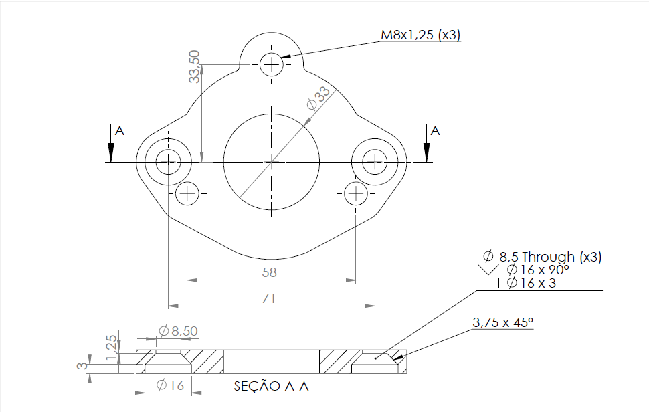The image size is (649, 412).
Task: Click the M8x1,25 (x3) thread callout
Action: click(421, 35)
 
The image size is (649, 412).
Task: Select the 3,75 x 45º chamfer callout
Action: click(502, 322)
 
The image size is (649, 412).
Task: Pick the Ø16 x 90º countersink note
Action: click(537, 270)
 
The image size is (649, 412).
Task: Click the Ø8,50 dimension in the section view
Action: click(178, 330)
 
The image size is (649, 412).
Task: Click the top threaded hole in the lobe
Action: click(272, 65)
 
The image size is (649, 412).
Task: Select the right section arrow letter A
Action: click(435, 131)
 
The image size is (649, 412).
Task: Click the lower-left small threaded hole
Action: click(187, 194)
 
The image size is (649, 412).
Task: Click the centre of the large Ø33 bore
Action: click(271, 161)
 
